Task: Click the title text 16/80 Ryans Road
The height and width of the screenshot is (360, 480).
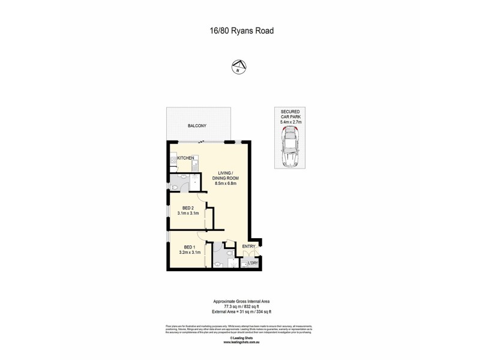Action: pyautogui.click(x=239, y=29)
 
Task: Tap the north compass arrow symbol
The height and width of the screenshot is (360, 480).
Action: pyautogui.click(x=239, y=67)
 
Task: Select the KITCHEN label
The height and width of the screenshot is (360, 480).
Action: pyautogui.click(x=185, y=157)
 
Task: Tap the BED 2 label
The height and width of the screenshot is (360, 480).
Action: pyautogui.click(x=188, y=208)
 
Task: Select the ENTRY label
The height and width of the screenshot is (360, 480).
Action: pyautogui.click(x=248, y=246)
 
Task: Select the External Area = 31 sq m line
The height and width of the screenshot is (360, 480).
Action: pyautogui.click(x=239, y=311)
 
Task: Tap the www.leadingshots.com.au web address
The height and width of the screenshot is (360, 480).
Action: pyautogui.click(x=239, y=343)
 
